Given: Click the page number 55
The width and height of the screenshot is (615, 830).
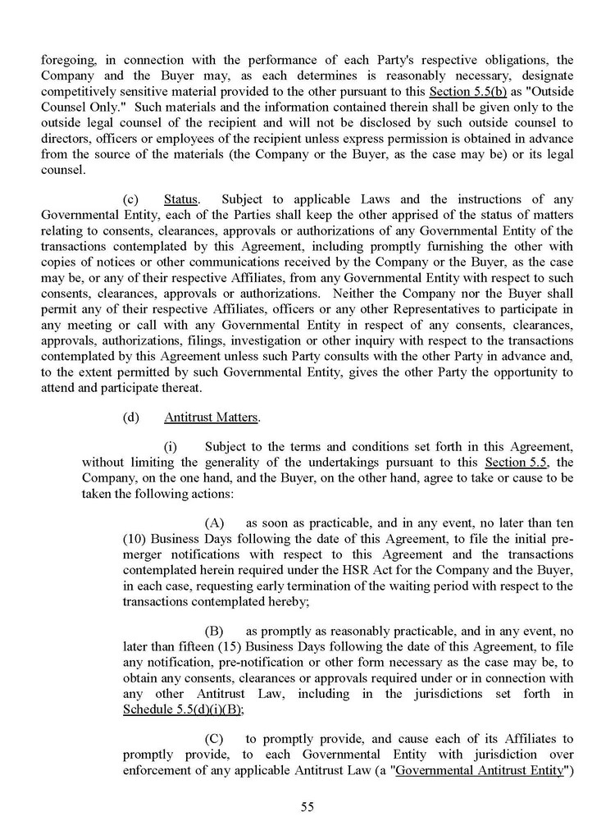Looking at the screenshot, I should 307,806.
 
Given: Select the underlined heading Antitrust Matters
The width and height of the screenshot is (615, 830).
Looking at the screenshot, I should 211,417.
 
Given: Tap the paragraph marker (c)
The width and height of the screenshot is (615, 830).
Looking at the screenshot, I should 130,199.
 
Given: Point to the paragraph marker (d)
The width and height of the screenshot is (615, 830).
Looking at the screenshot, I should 130,417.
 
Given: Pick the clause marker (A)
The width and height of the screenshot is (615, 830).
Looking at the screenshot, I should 215,522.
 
